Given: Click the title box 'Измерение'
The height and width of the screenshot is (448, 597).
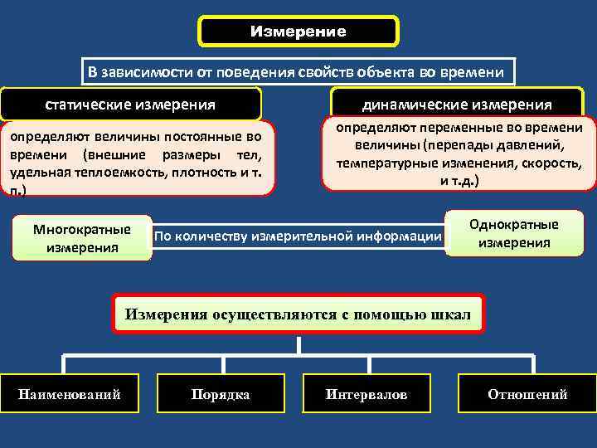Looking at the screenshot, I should [298, 32].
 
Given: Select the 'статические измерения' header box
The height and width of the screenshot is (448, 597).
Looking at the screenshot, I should [131, 105].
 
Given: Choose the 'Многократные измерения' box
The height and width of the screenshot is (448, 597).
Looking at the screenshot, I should [82, 238].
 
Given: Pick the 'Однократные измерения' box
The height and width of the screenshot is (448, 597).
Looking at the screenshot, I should [514, 234].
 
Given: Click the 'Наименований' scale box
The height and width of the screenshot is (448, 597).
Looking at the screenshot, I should [70, 394].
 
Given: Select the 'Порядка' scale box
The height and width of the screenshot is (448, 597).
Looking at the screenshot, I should [220, 394].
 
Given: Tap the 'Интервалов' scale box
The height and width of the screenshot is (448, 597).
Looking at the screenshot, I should [366, 394].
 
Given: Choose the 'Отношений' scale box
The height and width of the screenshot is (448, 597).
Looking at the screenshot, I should [527, 394].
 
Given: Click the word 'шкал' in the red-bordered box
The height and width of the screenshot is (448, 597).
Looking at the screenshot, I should [451, 314].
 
